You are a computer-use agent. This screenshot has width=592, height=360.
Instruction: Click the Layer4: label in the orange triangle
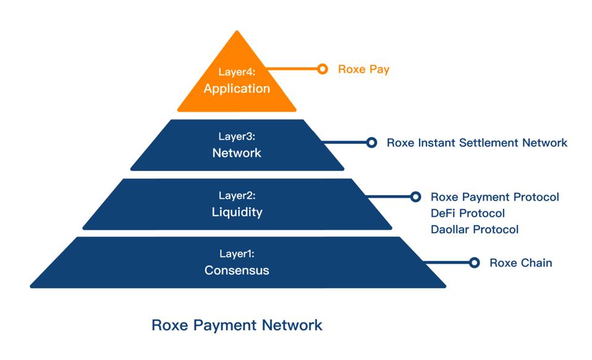237,72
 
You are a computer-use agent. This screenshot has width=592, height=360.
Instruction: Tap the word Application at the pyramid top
237,88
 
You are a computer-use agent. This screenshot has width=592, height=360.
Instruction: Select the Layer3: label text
237,136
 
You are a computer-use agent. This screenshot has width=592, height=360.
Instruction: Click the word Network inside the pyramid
237,153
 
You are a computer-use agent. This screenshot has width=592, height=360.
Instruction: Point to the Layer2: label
237,196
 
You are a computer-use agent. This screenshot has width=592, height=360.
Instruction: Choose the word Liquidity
237,212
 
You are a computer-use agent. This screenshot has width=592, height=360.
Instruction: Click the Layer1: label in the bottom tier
237,254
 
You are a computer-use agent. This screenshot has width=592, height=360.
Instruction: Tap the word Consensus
237,270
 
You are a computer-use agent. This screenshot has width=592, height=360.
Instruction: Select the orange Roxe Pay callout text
363,69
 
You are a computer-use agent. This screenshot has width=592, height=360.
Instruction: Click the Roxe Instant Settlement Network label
476,143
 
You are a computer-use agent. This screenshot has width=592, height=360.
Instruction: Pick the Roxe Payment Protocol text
494,197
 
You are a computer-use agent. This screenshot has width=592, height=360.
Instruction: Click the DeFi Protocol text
467,213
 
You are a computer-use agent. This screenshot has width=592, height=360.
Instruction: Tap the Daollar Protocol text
474,229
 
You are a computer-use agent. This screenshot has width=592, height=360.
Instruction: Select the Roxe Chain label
520,262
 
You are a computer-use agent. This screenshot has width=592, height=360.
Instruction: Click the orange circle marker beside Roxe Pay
322,69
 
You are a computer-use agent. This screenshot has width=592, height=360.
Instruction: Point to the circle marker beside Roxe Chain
474,262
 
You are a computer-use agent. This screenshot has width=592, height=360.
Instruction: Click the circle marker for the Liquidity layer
415,197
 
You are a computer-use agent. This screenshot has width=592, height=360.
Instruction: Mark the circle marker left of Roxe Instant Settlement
371,143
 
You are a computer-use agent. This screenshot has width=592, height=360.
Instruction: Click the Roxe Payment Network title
237,324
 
